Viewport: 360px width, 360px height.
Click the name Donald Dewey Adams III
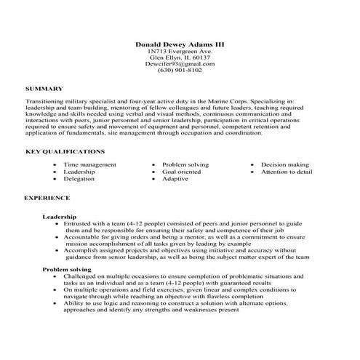click(x=180, y=44)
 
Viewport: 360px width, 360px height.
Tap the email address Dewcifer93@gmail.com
click(x=180, y=64)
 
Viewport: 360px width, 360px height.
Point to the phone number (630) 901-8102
click(x=180, y=71)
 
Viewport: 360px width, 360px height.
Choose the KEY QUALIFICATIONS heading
click(x=65, y=151)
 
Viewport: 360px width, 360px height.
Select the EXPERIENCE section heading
click(x=47, y=197)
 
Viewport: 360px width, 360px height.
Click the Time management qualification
click(x=89, y=165)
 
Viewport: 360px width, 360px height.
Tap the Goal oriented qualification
click(x=182, y=172)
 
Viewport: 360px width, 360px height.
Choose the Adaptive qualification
click(x=175, y=178)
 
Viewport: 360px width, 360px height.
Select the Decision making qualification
click(x=285, y=165)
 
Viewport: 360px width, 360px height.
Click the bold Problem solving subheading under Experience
click(x=66, y=269)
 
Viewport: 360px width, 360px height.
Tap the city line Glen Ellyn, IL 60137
click(x=180, y=58)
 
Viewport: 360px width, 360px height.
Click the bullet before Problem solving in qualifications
click(x=153, y=166)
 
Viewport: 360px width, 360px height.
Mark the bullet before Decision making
click(x=252, y=166)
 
